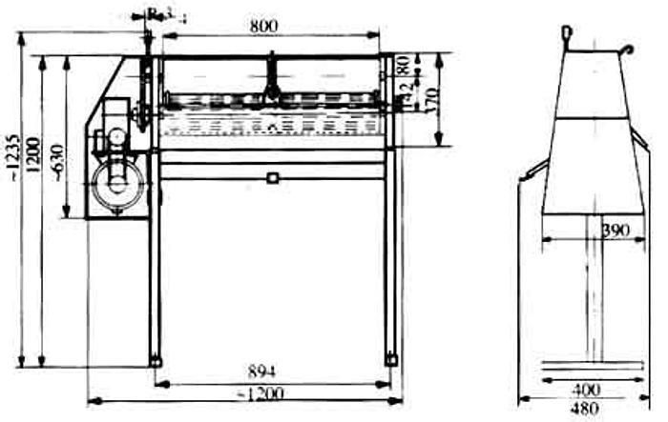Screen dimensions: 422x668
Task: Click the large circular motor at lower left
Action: tap(119, 184)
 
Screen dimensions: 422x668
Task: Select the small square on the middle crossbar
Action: tap(273, 177)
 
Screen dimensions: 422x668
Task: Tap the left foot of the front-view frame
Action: tap(155, 360)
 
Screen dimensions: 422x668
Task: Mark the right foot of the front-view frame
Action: tap(390, 359)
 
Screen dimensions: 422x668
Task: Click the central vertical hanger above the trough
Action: tap(271, 76)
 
